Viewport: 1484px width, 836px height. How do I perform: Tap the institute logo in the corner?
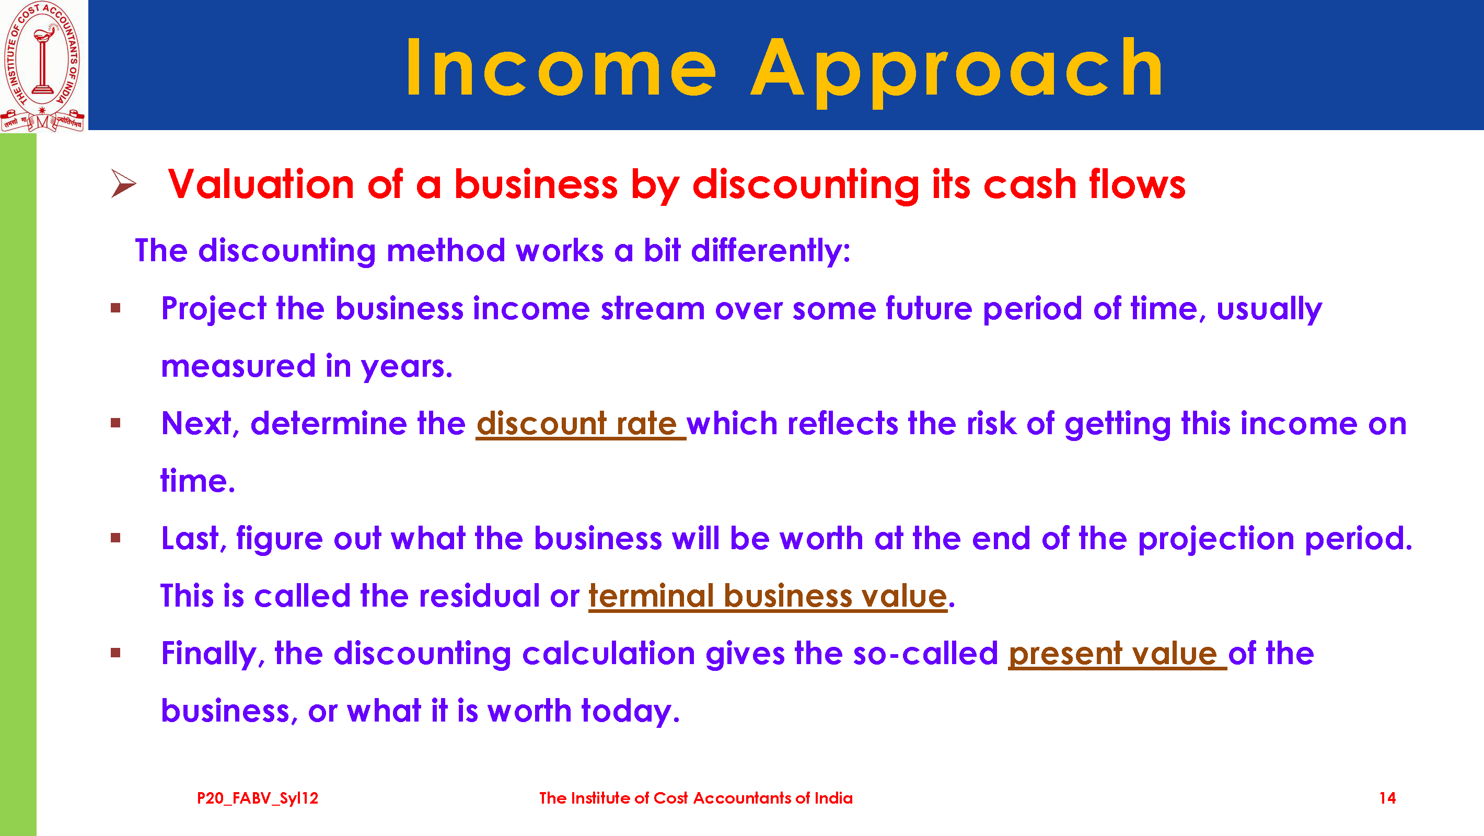[43, 66]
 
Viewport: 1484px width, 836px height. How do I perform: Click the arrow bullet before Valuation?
[123, 184]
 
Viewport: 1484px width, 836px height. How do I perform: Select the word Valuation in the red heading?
[261, 184]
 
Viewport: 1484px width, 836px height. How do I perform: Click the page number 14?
[1387, 798]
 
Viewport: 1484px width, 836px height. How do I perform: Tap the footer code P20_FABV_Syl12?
[258, 798]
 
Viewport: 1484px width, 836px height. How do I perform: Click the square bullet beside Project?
[116, 308]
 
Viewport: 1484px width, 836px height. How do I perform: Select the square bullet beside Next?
[116, 423]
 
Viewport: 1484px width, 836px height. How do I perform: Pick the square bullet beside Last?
[116, 538]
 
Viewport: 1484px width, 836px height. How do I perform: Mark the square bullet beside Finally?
[116, 653]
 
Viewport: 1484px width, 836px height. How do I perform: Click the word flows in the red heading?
[1137, 184]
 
